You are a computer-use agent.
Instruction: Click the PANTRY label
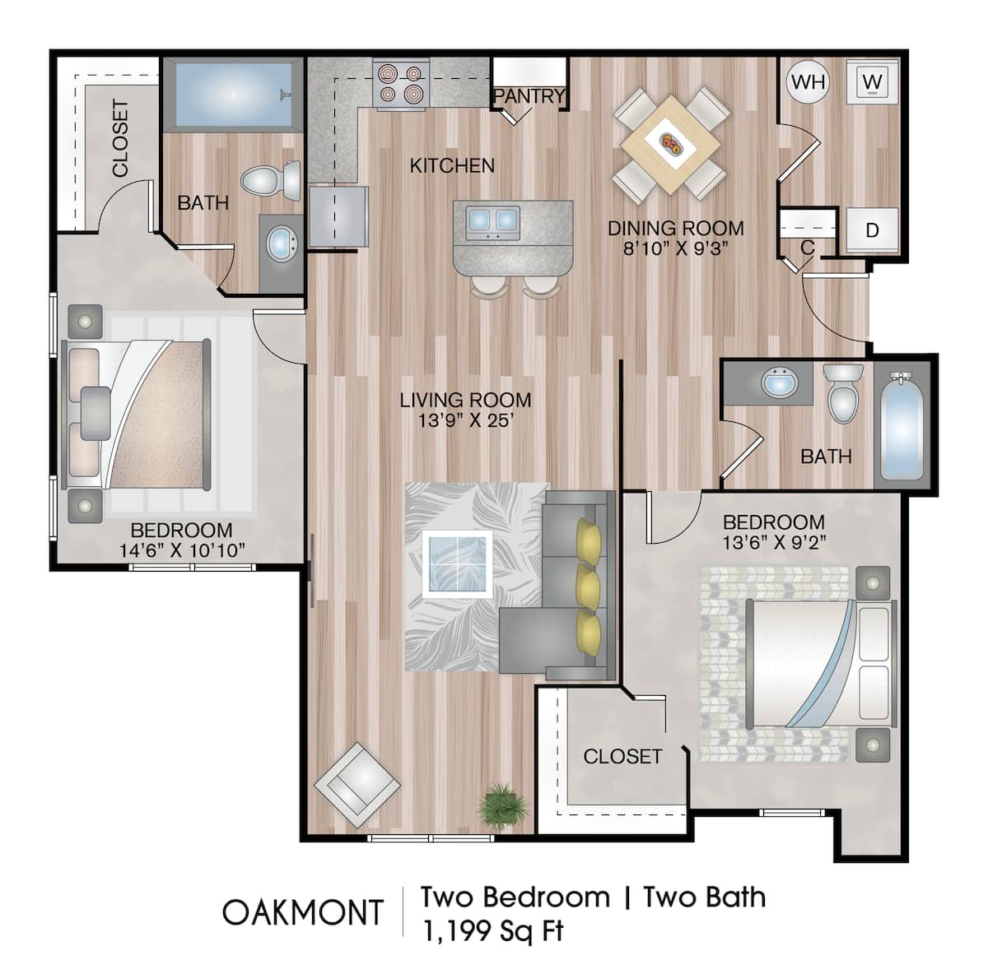(529, 96)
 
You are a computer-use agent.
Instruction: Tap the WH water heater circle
(808, 81)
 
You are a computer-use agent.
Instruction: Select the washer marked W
(873, 81)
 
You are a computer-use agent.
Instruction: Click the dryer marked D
(872, 231)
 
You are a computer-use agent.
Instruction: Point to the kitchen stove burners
(401, 84)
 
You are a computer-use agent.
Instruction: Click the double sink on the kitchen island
(492, 220)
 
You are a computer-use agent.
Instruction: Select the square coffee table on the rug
(457, 563)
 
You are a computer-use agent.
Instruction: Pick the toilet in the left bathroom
(271, 179)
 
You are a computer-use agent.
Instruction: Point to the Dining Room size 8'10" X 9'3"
(675, 248)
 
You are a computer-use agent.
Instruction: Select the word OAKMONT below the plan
(303, 912)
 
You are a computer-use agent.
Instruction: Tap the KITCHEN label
(452, 165)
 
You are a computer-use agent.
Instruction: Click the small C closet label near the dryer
(808, 248)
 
